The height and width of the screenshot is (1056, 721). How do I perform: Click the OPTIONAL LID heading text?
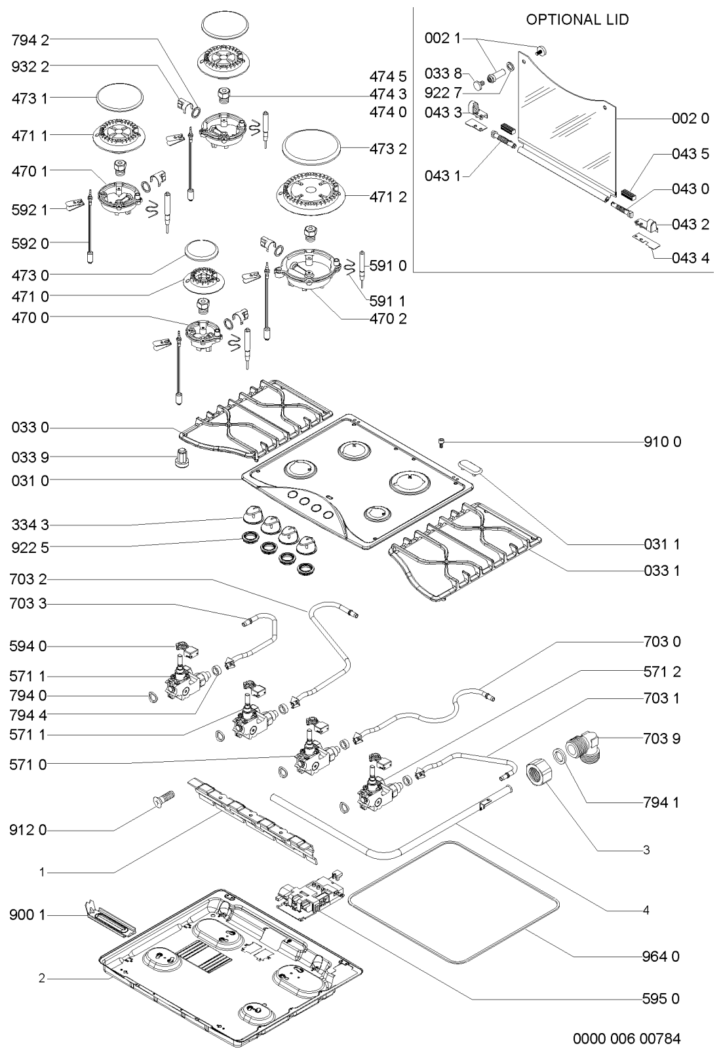(577, 20)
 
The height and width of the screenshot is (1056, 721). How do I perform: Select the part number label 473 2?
(388, 149)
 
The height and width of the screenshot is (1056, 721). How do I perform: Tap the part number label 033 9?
(30, 457)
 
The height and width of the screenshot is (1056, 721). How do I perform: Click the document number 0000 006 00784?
(627, 1039)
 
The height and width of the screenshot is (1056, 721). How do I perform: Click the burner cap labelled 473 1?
(119, 98)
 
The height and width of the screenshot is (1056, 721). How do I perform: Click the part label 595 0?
(661, 999)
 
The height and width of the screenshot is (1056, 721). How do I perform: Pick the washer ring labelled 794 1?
(559, 755)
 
